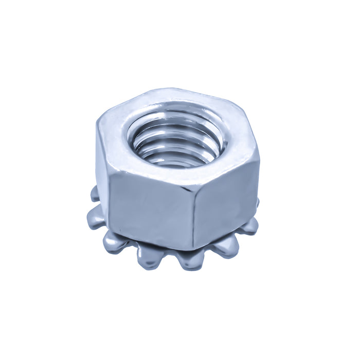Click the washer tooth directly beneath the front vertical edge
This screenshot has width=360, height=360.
pos(191,260)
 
